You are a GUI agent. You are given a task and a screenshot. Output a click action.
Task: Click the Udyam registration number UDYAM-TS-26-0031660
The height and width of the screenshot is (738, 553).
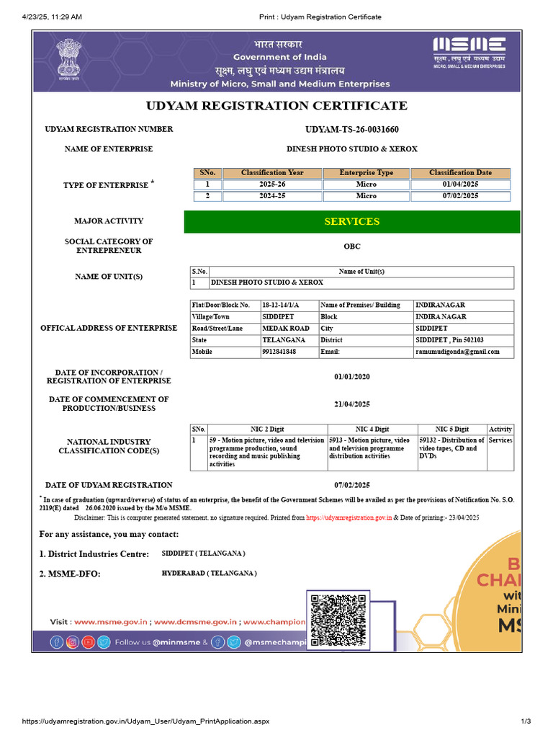coord(352,130)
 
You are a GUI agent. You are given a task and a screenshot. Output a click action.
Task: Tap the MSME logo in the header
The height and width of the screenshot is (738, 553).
coord(469,52)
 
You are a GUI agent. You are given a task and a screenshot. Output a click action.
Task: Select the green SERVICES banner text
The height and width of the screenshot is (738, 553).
coord(352,222)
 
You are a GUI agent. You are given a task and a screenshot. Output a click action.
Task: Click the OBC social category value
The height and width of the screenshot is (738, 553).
coord(352,246)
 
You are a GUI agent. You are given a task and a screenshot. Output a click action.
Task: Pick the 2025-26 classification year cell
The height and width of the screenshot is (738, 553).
coord(272,184)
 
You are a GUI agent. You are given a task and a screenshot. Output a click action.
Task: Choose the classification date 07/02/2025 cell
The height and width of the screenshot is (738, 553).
coord(460,196)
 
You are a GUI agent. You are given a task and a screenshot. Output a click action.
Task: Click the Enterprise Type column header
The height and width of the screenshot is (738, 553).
coord(366,173)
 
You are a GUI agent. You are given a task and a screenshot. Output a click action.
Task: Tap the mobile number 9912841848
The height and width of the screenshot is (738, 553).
coord(279,352)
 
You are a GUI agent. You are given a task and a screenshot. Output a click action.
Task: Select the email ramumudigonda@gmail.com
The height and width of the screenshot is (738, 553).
coord(457,352)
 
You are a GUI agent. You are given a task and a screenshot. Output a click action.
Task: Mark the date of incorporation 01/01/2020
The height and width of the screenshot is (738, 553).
coord(352,377)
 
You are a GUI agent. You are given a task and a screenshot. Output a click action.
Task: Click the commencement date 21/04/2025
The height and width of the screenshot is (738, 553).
coord(352,404)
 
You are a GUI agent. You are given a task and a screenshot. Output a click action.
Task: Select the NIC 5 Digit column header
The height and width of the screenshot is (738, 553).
coord(452,430)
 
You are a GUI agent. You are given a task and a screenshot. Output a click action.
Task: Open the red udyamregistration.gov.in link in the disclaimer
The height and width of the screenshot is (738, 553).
coord(349,517)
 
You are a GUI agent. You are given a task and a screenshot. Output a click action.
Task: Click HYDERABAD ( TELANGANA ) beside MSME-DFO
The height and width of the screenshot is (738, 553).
coord(209,573)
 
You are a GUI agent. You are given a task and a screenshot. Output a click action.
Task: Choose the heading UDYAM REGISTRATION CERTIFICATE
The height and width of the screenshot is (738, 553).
coord(276,106)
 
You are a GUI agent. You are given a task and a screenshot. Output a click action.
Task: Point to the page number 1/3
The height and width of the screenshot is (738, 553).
coord(526,721)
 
